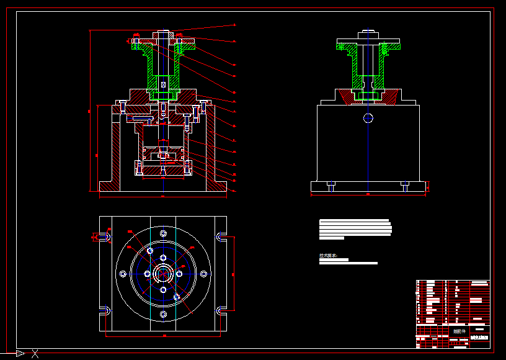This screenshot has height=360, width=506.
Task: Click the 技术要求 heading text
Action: coord(327,255)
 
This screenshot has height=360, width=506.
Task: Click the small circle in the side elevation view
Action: coord(368,117)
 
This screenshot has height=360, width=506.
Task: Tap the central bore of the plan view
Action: coord(163,274)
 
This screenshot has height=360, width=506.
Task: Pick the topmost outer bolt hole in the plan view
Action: coord(163,233)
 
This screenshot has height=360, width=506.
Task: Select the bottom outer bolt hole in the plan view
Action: coord(163,314)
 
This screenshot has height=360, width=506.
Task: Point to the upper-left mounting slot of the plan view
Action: coord(106,236)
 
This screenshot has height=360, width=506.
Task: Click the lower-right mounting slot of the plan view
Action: coord(220,310)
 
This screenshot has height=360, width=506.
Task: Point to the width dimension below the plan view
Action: coord(164,335)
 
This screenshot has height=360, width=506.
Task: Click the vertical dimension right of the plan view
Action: coord(234,273)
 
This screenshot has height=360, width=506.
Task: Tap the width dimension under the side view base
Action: coord(368,194)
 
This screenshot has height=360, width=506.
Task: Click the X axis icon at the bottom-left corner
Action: coord(35,354)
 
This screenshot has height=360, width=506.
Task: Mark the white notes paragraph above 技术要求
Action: coord(355,228)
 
